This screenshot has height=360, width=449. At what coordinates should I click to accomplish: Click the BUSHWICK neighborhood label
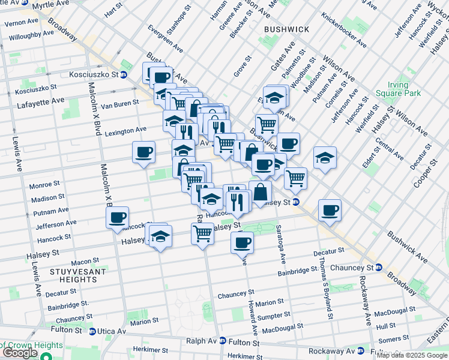(286, 29)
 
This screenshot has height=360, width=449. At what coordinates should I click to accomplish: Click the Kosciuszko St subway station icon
(124, 75)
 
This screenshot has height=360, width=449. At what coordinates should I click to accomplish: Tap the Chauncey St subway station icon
(378, 267)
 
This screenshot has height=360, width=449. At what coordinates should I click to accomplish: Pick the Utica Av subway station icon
(92, 331)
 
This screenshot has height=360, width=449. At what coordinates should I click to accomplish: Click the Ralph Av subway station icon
(223, 340)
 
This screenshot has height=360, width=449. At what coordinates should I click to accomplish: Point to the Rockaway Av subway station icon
(360, 351)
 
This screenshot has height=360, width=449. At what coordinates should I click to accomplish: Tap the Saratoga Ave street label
(280, 244)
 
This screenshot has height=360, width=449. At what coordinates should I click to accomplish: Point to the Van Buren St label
(115, 105)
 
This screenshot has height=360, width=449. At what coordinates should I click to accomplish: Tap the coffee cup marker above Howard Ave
(243, 242)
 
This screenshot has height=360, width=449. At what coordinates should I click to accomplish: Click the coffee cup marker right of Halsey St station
(330, 210)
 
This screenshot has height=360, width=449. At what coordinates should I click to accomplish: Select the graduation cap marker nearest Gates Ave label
(274, 97)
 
